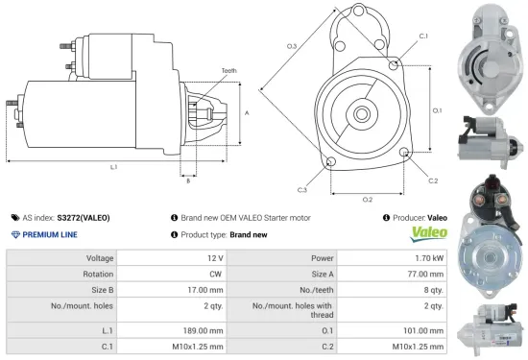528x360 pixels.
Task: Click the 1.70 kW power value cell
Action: click(430, 258)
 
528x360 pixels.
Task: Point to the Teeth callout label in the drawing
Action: click(228, 70)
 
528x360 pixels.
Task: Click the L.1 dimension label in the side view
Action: click(113, 167)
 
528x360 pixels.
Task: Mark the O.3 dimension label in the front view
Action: click(292, 46)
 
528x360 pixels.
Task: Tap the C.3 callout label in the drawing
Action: click(301, 190)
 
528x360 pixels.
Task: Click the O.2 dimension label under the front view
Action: click(367, 199)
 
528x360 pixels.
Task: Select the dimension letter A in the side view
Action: click(247, 112)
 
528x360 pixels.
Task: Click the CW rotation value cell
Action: click(216, 273)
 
